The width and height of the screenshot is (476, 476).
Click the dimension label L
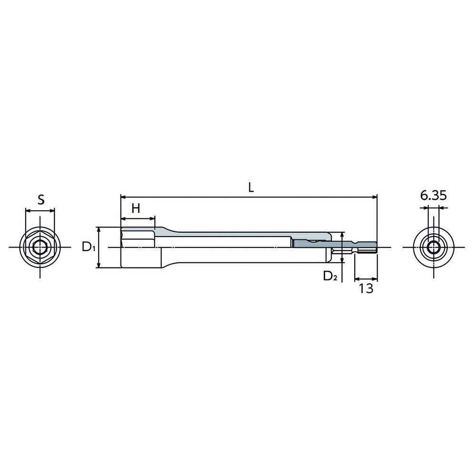251,188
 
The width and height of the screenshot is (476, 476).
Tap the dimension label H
136,208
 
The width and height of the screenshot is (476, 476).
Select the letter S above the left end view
40,200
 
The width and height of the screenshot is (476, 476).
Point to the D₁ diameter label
89,247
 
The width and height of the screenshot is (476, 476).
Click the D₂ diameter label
330,276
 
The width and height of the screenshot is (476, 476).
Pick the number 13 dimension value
366,288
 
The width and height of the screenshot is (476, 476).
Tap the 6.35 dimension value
434,196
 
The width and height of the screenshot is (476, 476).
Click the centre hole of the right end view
434,248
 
